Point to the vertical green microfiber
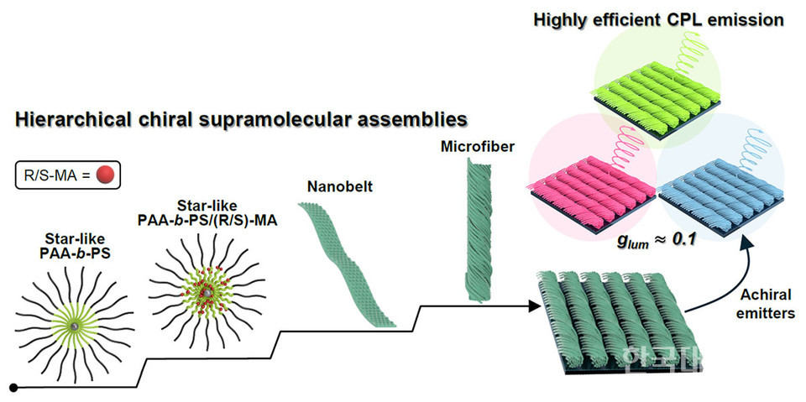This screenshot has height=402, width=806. [x=475, y=230]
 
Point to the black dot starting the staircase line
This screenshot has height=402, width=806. [x=13, y=388]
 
